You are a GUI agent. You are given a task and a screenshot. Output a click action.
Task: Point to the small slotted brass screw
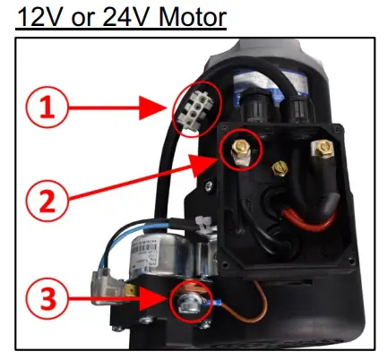279,169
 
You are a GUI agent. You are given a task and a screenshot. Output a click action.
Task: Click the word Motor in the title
193,17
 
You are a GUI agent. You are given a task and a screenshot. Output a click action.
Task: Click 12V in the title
41,17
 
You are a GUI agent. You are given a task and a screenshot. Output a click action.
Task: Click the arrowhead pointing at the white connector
152,107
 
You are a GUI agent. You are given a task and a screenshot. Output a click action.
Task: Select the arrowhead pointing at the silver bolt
155,299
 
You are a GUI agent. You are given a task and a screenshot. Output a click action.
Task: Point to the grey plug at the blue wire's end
105,287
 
